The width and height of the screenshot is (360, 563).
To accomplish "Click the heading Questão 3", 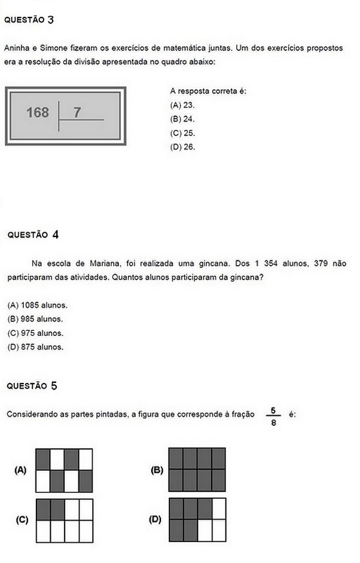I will [29, 20].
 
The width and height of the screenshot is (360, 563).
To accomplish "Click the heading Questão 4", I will [33, 235].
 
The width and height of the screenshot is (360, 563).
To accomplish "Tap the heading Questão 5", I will [32, 386].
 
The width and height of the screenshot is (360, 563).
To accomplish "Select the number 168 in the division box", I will [38, 112].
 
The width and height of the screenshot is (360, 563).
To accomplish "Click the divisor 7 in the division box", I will [77, 112].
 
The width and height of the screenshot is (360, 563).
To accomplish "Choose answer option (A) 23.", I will [182, 105].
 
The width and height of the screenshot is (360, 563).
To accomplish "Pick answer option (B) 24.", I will [182, 119].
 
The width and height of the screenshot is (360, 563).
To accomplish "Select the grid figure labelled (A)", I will [64, 470].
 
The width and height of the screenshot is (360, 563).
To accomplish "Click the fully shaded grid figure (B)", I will [197, 470].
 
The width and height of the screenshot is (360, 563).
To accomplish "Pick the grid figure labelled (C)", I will [64, 520].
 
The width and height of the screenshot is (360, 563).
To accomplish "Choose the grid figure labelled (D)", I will [197, 520].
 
